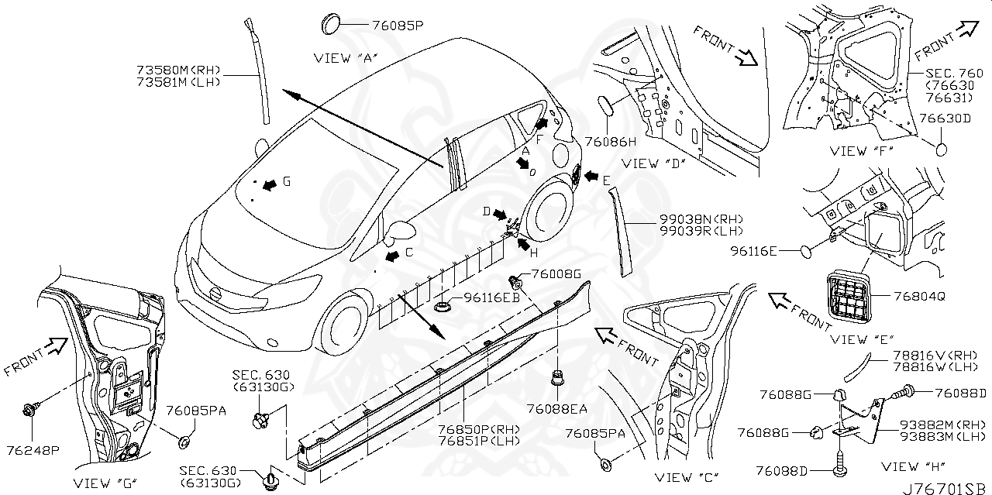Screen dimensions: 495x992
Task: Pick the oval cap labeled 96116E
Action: [x=808, y=251]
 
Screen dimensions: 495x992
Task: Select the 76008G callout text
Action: [x=556, y=274]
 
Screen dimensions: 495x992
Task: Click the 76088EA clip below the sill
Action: [x=556, y=380]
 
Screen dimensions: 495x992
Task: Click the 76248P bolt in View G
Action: [x=30, y=408]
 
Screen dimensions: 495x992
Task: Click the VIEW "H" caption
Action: [x=910, y=466]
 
